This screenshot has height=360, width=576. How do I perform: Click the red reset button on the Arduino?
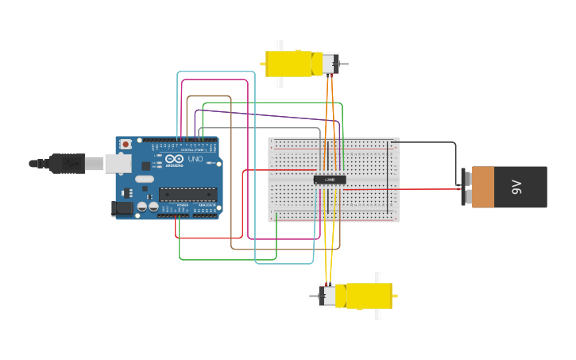pyautogui.click(x=126, y=145)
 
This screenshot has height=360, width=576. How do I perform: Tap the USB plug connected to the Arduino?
pyautogui.click(x=68, y=163)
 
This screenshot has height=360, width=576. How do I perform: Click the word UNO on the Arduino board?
pyautogui.click(x=195, y=159)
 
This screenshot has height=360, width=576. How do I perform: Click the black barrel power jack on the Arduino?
pyautogui.click(x=122, y=208)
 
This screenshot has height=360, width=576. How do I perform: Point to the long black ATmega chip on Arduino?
pyautogui.click(x=187, y=194)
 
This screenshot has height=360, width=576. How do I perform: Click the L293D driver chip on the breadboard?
pyautogui.click(x=330, y=180)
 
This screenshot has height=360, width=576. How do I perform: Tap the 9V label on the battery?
pyautogui.click(x=516, y=187)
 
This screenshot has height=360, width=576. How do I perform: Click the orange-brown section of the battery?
pyautogui.click(x=483, y=187)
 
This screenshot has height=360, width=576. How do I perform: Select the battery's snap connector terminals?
pyautogui.click(x=466, y=187)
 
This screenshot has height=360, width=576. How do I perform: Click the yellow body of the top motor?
pyautogui.click(x=290, y=64)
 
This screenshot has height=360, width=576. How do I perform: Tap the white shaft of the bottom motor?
pyautogui.click(x=377, y=313)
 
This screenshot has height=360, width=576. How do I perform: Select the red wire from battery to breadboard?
pyautogui.click(x=397, y=190)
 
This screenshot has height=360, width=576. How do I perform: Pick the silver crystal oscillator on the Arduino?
pyautogui.click(x=144, y=179)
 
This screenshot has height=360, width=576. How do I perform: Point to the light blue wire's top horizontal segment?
pyautogui.click(x=215, y=72)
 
